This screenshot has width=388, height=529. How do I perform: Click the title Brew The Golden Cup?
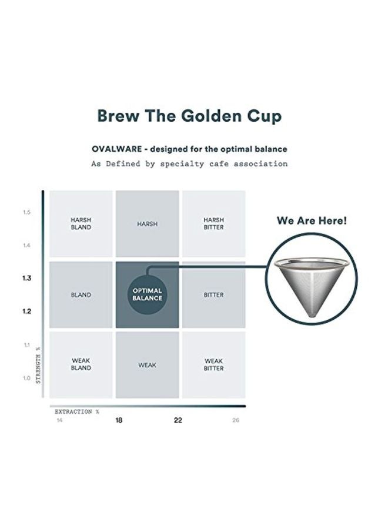189,116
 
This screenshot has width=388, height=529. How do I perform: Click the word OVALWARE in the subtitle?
116,149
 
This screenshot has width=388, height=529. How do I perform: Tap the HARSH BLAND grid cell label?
81,223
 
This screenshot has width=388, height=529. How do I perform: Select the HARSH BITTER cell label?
214,223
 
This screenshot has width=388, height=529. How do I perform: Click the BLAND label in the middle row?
81,294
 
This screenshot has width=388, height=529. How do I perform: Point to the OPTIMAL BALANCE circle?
147,294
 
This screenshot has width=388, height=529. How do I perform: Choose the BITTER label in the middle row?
214,294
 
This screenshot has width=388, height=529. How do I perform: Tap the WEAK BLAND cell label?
81,364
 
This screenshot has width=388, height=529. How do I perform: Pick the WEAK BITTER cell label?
214,364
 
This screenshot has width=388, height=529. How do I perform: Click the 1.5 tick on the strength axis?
27,212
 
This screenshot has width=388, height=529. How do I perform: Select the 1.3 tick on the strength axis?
27,278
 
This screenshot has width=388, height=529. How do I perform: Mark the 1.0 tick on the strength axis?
27,378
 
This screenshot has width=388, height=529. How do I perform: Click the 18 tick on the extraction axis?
119,420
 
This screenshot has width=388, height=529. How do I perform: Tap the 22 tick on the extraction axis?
178,420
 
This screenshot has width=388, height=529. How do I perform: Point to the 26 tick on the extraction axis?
236,420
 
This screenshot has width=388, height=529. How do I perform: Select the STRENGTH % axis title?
39,365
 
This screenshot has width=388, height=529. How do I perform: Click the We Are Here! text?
312,222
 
